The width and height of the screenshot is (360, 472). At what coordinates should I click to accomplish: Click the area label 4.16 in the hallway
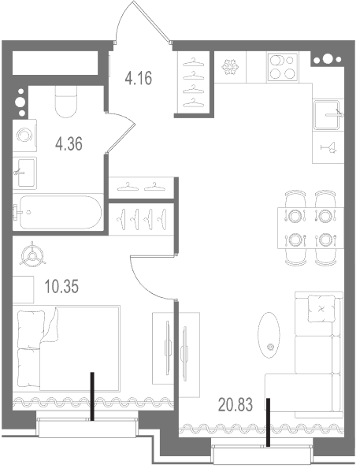139,78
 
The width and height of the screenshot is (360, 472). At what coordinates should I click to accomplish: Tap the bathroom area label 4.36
69,143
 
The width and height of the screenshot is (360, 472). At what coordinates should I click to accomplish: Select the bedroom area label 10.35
61,286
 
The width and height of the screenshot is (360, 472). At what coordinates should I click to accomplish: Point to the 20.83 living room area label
236,404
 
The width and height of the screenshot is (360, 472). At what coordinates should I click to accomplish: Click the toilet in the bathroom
66,102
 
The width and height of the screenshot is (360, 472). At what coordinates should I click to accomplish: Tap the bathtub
58,212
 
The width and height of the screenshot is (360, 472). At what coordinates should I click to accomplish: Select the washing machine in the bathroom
24,136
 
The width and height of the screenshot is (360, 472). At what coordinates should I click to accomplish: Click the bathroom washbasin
25,173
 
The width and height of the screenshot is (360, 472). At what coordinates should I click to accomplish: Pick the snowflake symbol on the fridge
230,67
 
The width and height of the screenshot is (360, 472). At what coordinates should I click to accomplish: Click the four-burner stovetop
283,67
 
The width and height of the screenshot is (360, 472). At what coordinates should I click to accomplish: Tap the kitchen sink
328,115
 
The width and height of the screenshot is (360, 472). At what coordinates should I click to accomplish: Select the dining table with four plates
310,228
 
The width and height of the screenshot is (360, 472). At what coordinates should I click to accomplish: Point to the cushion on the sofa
321,309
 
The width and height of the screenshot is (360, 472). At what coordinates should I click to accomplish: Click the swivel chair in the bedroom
32,255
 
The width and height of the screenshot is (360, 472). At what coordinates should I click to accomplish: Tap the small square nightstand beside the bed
23,289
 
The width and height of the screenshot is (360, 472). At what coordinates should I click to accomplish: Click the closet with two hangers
142,188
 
